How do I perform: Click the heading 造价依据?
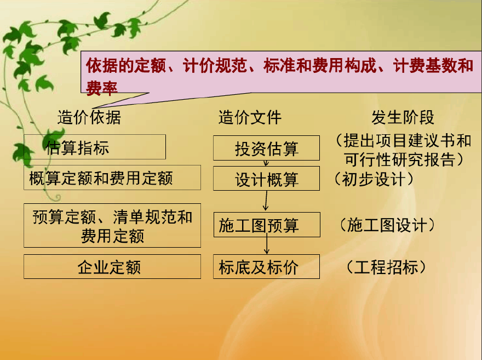click(x=89, y=117)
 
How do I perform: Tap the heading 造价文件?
click(x=250, y=117)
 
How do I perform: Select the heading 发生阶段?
click(x=403, y=117)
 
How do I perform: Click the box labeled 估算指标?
click(x=95, y=147)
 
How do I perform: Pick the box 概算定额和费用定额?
click(x=112, y=178)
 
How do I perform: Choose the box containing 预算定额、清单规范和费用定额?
click(x=112, y=225)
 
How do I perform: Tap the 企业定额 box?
click(x=112, y=266)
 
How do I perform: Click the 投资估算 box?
click(x=267, y=148)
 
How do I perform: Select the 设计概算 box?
click(x=267, y=179)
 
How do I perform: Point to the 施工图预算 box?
click(x=267, y=225)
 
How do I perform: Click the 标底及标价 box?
click(x=267, y=266)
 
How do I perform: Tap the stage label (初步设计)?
click(x=374, y=179)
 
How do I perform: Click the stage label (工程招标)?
click(x=386, y=267)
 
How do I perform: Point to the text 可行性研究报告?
click(x=399, y=159)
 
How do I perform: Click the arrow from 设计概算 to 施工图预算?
click(x=266, y=201)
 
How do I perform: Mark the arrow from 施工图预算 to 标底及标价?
click(x=267, y=244)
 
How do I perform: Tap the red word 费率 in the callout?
click(x=102, y=88)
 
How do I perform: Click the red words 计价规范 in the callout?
click(x=215, y=66)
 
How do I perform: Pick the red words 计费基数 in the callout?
click(x=425, y=66)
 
